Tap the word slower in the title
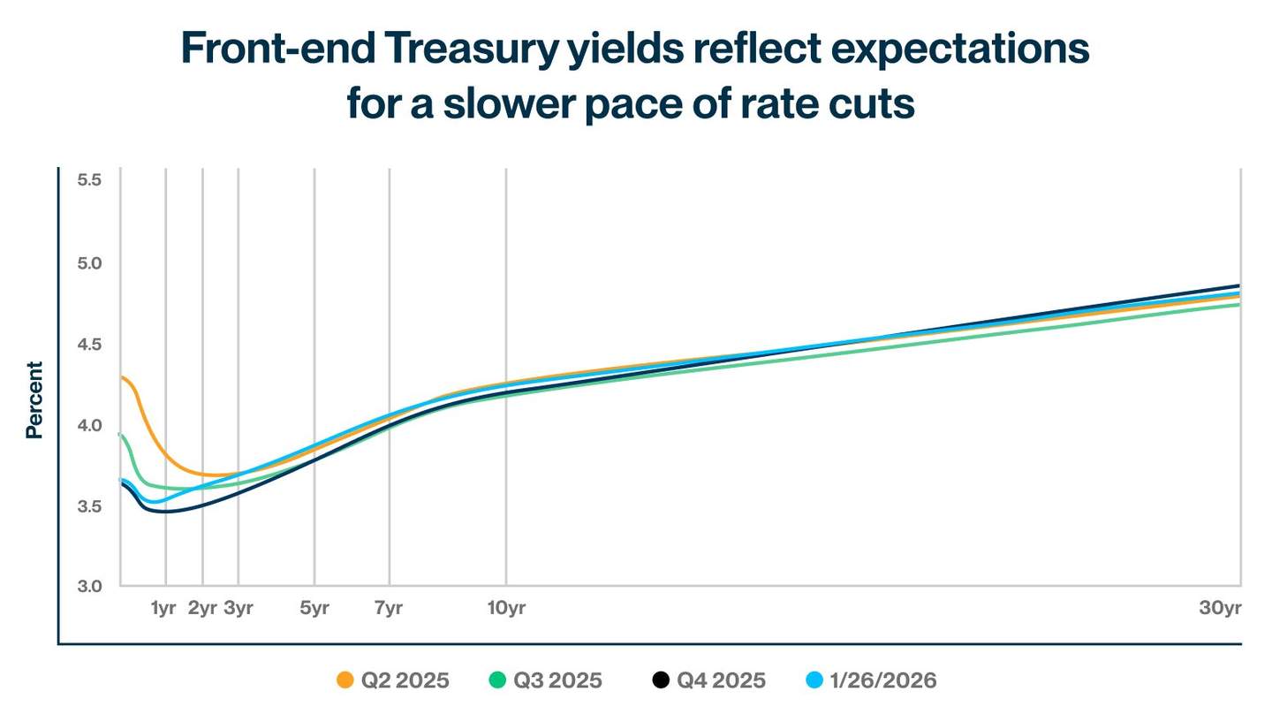512,103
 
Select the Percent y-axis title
34,399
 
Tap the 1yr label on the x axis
164,609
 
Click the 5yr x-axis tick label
314,609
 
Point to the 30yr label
1220,609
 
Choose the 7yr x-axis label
389,609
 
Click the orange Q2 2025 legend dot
345,680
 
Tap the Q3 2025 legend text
557,680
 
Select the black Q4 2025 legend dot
661,680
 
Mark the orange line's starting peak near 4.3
124,378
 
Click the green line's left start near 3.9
120,435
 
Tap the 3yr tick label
238,609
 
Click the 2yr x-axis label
202,609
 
